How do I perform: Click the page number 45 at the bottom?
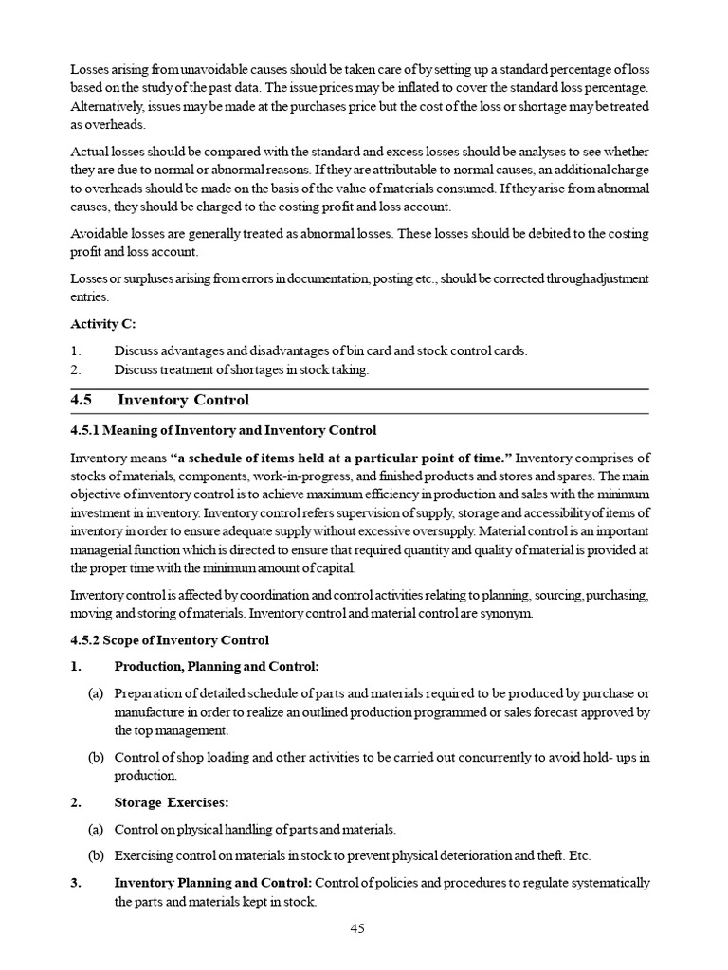[x=357, y=928]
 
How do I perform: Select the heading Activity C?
[x=102, y=324]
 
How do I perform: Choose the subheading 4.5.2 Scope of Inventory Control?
[x=170, y=640]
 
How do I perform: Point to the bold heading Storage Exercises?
[x=172, y=802]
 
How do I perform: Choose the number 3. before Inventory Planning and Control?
[x=76, y=883]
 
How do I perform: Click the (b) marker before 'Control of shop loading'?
[x=95, y=757]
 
